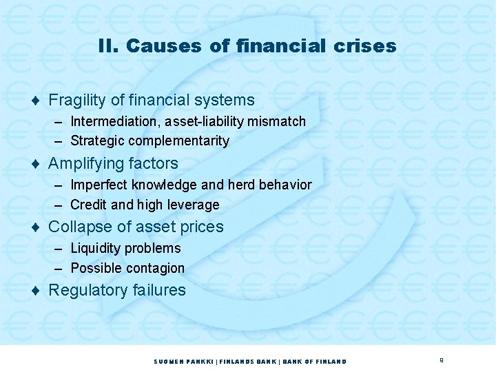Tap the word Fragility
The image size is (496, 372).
click(x=76, y=101)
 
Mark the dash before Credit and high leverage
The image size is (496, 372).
click(x=59, y=205)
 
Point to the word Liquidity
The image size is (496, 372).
click(x=95, y=248)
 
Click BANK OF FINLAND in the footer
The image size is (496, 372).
click(x=315, y=362)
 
